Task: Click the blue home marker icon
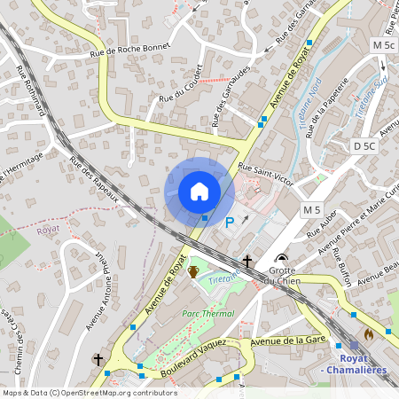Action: pos(199,192)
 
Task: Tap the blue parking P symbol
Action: pos(230,223)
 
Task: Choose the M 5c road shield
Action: pos(384,44)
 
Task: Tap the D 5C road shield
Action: pos(364,145)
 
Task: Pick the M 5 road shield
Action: pos(311,209)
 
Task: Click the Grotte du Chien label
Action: pos(282,275)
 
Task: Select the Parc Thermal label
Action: pos(207,313)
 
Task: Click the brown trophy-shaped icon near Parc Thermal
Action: pos(192,271)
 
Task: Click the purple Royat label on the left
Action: pos(48,229)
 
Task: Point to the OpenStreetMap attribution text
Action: pos(89,393)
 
